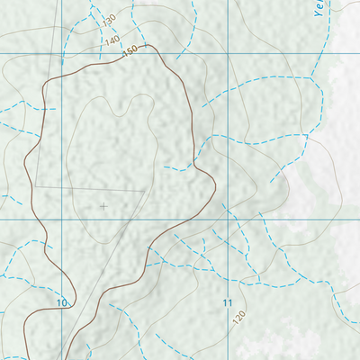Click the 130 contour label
110,19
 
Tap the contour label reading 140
112,40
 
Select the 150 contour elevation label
130,51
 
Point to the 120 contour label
238,318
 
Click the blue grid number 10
61,303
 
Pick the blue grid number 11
228,303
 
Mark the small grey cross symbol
103,206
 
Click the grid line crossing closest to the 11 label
229,219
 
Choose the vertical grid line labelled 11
229,270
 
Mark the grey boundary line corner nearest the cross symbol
144,191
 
